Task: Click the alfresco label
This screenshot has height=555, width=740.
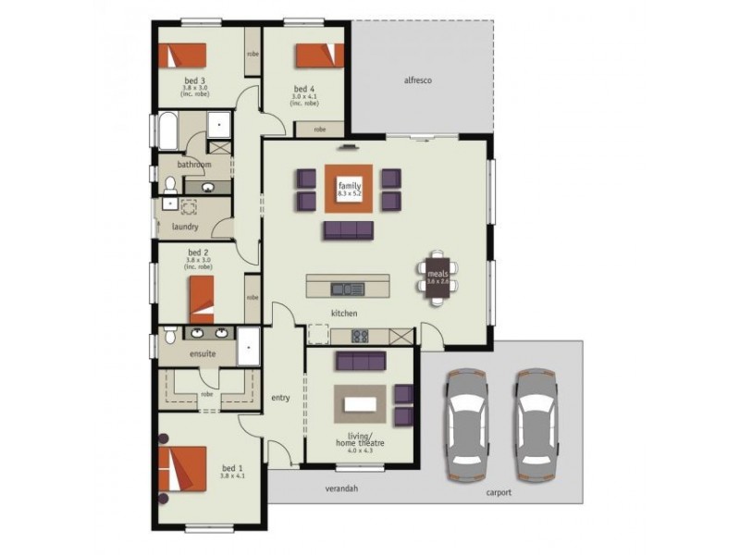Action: click(418, 80)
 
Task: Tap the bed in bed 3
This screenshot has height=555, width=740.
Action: click(186, 55)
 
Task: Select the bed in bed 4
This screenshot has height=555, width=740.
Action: click(319, 55)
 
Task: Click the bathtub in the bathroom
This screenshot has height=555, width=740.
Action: click(167, 131)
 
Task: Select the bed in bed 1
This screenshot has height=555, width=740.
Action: click(182, 471)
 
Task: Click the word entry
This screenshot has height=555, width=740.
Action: click(280, 399)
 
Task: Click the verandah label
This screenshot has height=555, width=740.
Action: click(341, 487)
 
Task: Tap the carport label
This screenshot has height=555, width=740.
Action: click(498, 493)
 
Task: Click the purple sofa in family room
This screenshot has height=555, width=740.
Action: click(349, 228)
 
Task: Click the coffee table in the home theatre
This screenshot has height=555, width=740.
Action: click(362, 403)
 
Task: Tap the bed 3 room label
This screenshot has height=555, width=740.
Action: click(195, 80)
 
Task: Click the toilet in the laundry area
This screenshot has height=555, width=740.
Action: click(170, 203)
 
